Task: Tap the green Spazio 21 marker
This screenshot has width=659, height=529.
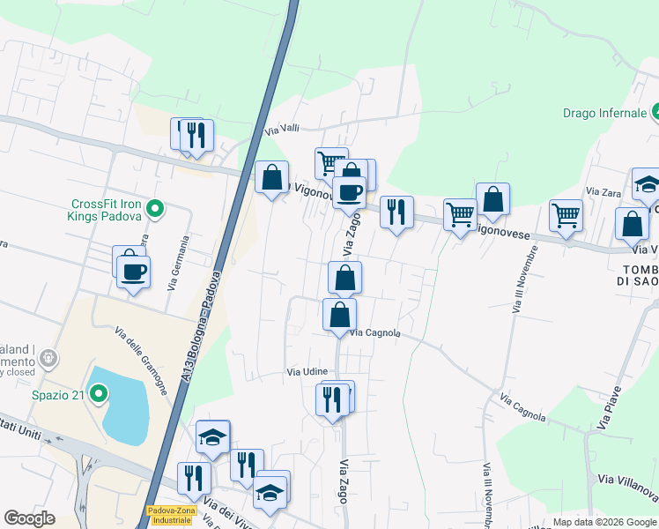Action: [x=99, y=394]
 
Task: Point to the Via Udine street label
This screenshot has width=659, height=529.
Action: [x=307, y=372]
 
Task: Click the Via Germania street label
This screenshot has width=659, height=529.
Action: [x=179, y=262]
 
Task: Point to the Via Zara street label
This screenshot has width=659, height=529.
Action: [x=603, y=191]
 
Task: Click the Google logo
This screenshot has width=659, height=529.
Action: [x=30, y=518]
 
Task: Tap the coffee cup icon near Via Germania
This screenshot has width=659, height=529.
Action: [x=134, y=272]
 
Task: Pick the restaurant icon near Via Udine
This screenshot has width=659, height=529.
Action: [x=332, y=399]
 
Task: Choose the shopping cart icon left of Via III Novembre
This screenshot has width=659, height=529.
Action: [x=460, y=214]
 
